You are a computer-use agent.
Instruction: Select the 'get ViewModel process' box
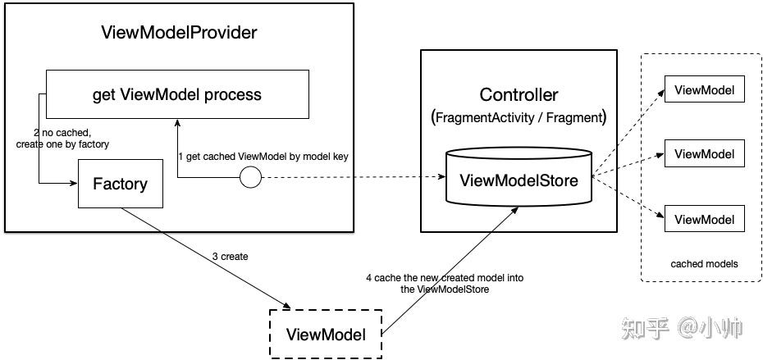pos(176,94)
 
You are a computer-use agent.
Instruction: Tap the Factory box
pos(119,184)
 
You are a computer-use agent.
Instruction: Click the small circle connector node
pos(250,176)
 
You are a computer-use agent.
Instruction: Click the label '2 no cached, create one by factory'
pos(62,138)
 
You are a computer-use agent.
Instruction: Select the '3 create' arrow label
pos(229,257)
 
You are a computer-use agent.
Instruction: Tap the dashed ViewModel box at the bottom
pos(326,334)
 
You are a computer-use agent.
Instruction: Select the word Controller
pos(519,93)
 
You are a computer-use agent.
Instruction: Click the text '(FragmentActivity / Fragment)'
pos(519,117)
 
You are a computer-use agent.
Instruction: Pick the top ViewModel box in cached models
pos(704,89)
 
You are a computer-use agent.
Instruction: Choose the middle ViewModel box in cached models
pos(704,153)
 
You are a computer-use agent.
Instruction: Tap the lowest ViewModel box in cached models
pos(704,219)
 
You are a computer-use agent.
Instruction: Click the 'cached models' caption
pos(704,264)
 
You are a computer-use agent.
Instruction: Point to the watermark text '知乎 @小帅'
pos(683,329)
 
